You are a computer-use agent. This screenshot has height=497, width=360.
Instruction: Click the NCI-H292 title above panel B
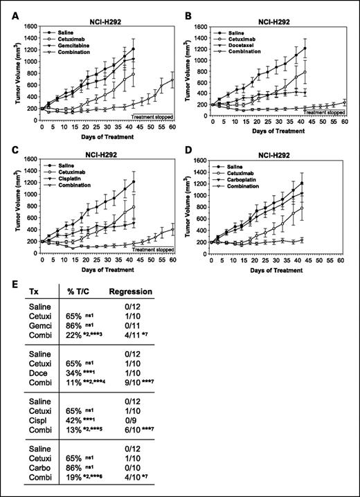(x=276, y=11)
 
